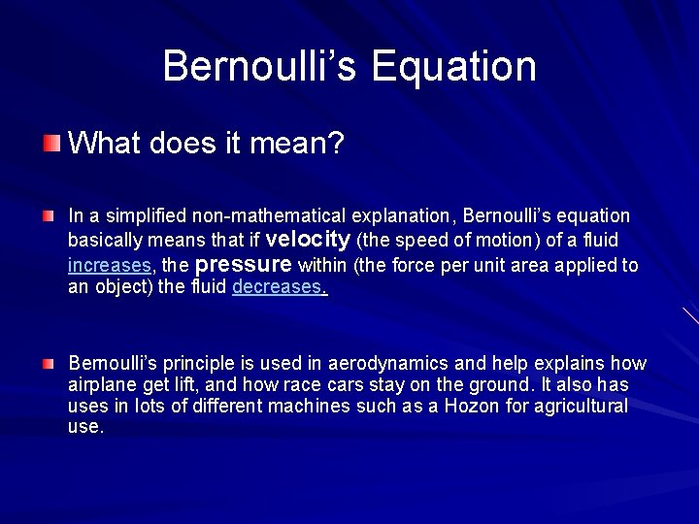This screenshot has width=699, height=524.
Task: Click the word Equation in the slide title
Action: click(453, 66)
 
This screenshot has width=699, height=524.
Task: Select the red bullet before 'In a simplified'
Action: click(49, 213)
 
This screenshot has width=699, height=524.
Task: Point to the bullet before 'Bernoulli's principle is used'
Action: click(49, 363)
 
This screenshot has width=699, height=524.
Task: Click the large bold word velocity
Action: click(308, 239)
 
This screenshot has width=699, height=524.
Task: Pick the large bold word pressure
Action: click(244, 264)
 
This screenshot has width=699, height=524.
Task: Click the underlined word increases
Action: click(110, 265)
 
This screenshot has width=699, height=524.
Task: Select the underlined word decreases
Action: click(277, 287)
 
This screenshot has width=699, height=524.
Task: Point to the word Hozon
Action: click(473, 407)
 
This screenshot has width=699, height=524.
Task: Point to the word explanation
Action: click(396, 215)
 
